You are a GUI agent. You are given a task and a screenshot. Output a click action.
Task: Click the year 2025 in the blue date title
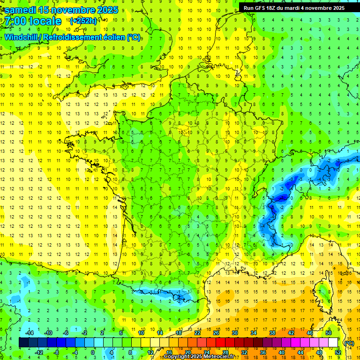[x=106, y=10]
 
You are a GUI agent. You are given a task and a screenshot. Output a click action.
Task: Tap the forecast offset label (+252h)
[x=83, y=21]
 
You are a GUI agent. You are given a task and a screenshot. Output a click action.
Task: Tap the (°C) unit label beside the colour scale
[x=349, y=344]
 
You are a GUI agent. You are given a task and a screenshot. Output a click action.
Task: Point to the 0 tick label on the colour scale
[x=93, y=352]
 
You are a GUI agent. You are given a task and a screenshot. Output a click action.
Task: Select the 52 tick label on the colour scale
[x=337, y=352]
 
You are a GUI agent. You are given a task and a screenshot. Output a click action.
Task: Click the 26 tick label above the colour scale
[x=216, y=333]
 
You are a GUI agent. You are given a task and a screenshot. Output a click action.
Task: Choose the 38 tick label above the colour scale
[x=272, y=333]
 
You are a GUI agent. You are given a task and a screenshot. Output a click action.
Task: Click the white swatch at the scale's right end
[x=333, y=343]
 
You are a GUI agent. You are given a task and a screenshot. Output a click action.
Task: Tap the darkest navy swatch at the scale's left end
[x=23, y=343]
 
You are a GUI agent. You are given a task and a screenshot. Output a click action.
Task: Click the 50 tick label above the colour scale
[x=328, y=333]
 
